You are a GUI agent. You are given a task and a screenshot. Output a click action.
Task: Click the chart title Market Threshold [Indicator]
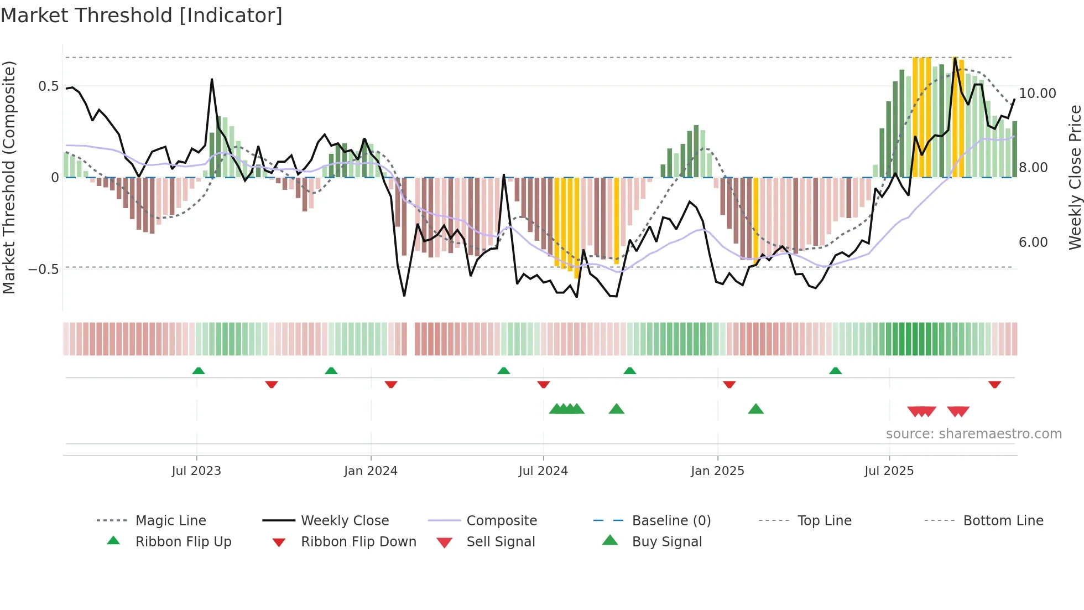point(142,15)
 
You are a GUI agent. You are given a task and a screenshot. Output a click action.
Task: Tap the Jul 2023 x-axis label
point(196,471)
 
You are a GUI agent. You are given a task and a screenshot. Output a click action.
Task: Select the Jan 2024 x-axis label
point(371,471)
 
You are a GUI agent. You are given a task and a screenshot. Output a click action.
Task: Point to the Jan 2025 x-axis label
point(717,471)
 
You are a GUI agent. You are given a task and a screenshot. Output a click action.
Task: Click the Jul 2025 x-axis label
point(889,471)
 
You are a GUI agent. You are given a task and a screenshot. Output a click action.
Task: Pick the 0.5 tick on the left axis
point(48,86)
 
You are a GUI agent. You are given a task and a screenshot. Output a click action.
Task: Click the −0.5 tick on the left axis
point(44,270)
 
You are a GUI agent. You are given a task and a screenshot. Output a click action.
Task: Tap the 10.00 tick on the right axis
point(1037,94)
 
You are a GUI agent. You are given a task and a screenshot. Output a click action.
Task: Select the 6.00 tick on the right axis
point(1033,242)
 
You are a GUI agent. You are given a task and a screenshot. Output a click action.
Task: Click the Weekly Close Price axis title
point(1075,177)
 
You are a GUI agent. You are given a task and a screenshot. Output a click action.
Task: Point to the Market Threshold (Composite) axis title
point(9,177)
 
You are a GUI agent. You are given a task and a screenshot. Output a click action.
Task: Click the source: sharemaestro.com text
point(973,434)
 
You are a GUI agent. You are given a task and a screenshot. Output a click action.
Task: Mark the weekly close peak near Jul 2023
point(212,80)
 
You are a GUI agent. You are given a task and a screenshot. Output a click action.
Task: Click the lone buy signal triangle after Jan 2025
point(755,409)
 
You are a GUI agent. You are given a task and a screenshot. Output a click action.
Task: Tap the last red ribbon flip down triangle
point(994,384)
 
